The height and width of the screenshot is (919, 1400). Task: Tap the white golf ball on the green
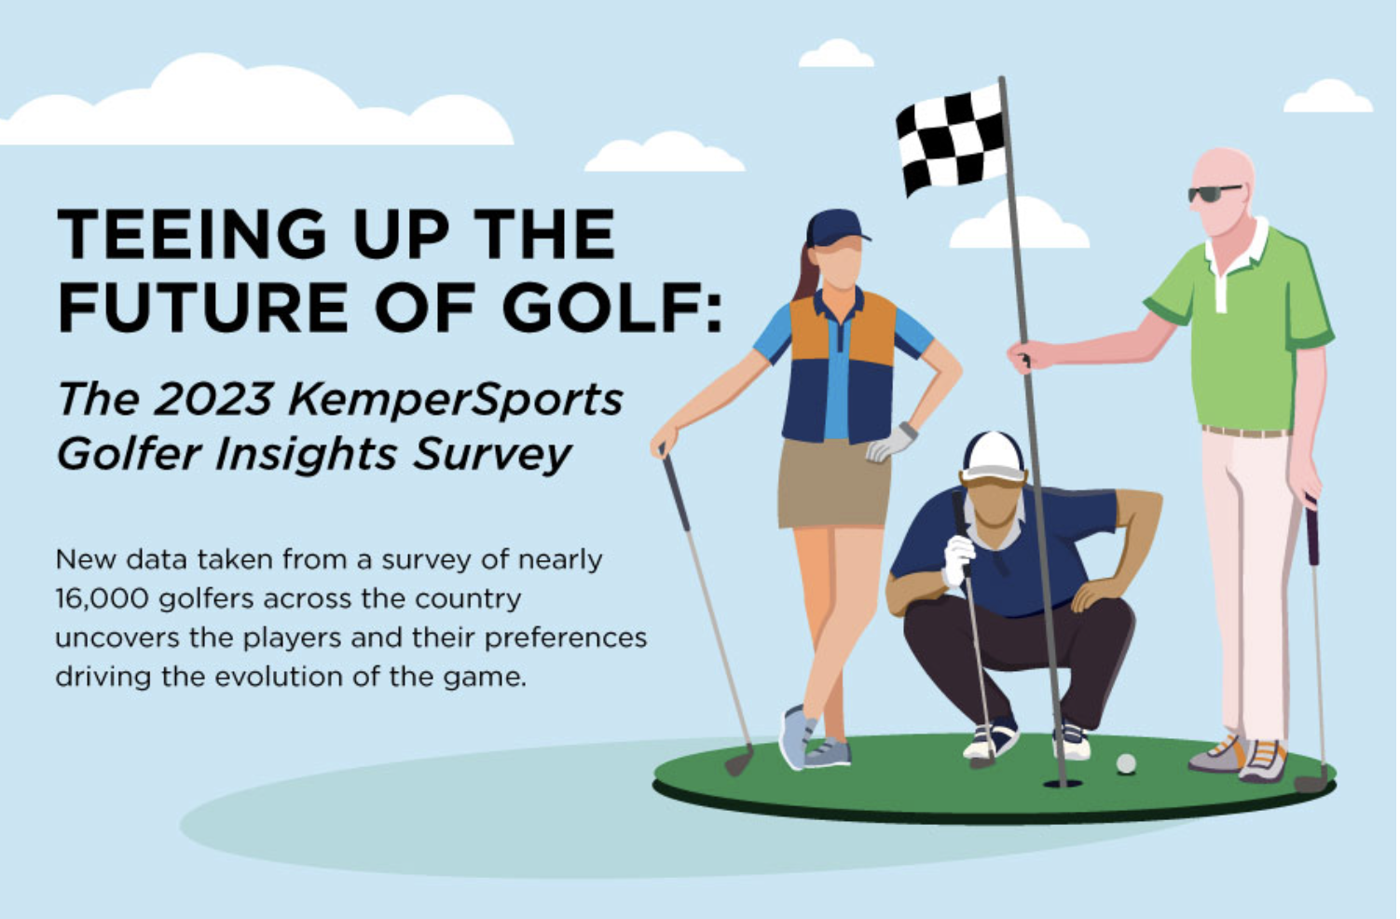pos(1126,763)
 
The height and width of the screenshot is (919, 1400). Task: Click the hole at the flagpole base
pos(1063,783)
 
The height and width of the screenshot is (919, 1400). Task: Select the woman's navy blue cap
pos(836,228)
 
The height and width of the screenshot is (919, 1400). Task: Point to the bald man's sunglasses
pos(1214,193)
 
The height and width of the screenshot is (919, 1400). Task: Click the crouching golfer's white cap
pos(993,458)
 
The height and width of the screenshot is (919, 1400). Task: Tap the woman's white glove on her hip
pos(892,443)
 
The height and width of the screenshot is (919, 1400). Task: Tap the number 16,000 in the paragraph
pos(102,599)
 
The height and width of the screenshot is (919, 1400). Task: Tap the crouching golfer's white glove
pos(958,559)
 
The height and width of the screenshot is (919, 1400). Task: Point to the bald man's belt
pos(1246,432)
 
